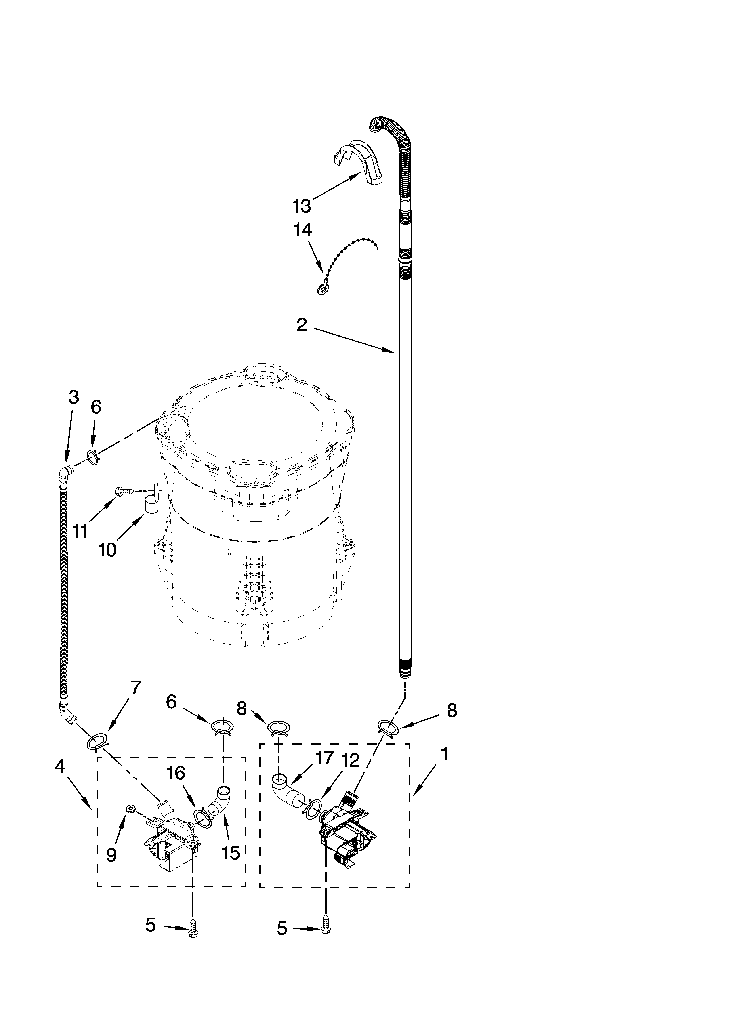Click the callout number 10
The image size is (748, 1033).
tap(107, 550)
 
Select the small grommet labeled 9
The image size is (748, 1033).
tap(131, 809)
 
